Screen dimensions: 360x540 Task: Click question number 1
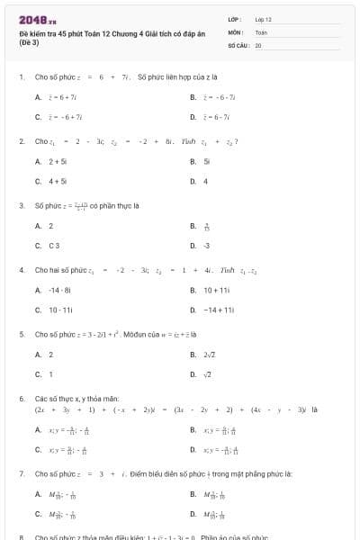tap(21, 77)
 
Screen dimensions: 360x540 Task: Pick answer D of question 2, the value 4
tap(205, 181)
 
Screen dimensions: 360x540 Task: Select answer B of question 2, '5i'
tap(206, 162)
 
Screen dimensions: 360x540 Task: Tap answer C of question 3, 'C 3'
tap(55, 245)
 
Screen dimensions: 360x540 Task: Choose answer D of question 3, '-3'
tap(206, 245)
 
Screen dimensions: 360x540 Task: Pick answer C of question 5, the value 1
tap(50, 373)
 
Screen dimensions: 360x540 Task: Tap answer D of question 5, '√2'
tap(207, 373)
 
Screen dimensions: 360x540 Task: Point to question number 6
tap(21, 397)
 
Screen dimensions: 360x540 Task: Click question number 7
tap(21, 472)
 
